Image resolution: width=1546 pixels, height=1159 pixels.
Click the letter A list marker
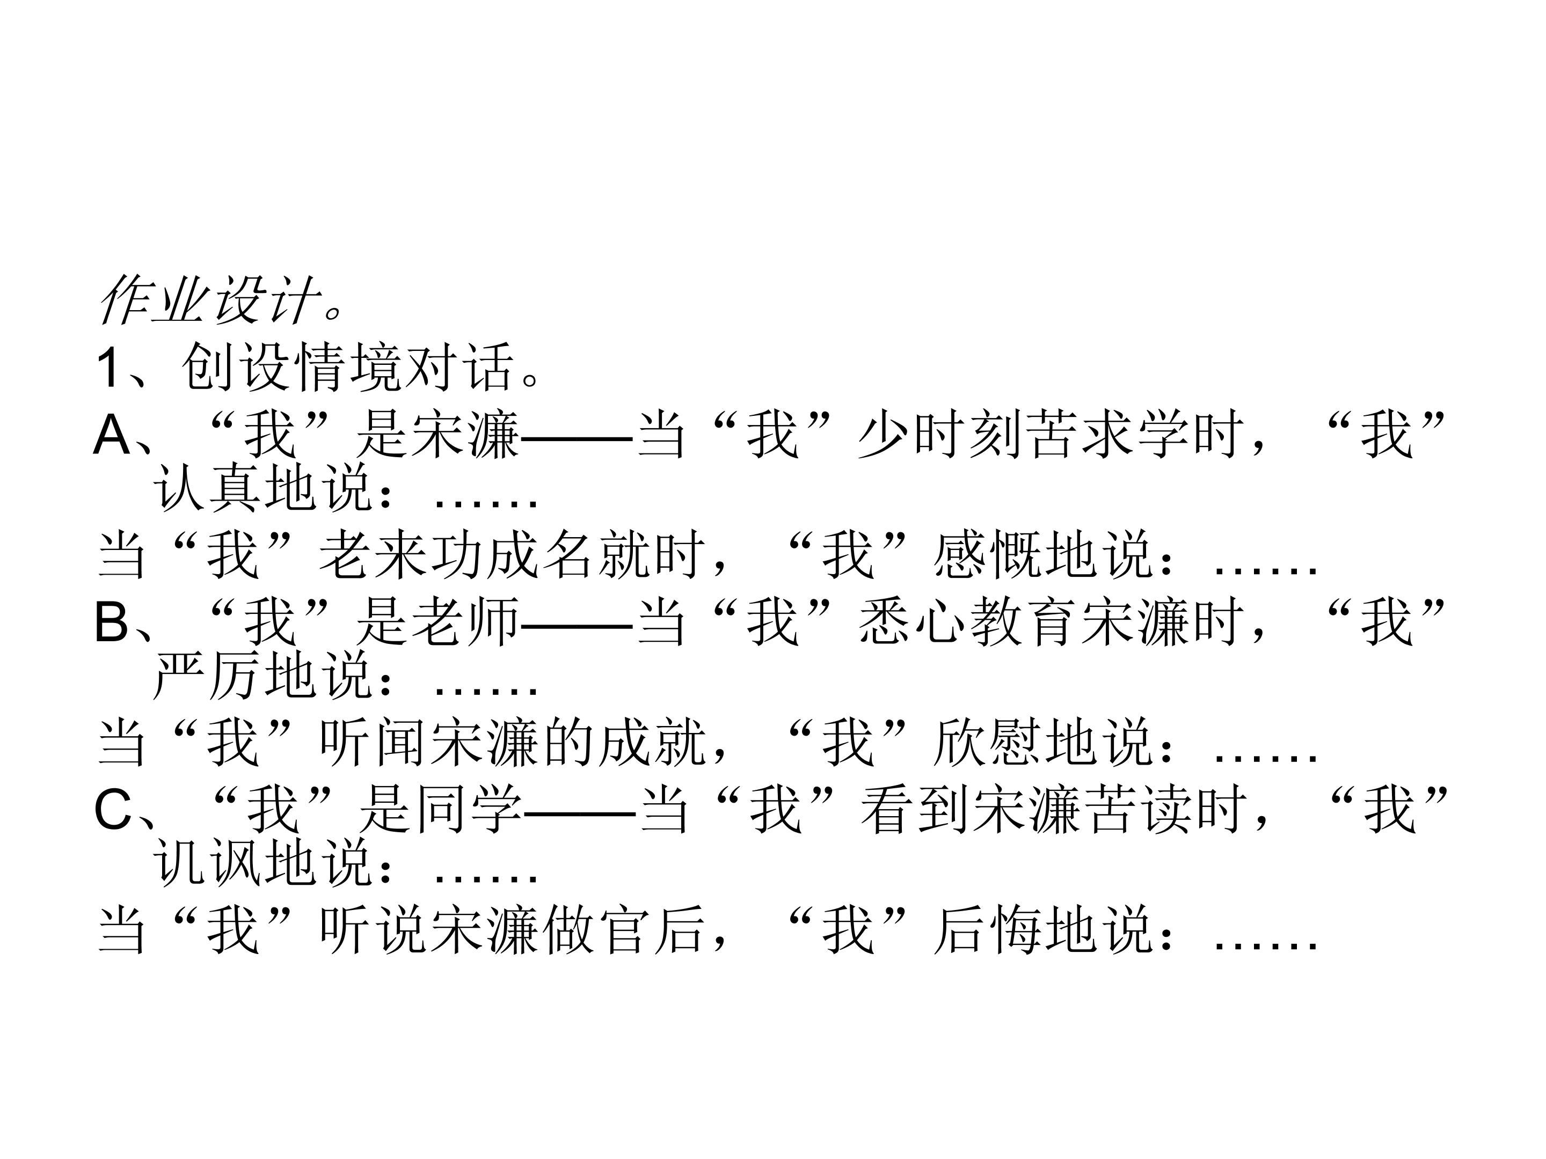tap(112, 435)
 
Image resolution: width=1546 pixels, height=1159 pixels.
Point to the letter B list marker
tap(112, 622)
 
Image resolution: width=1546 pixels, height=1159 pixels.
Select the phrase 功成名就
tap(539, 555)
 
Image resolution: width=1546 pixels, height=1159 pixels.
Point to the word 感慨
tap(987, 555)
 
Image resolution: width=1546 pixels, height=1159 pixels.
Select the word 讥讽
tap(208, 863)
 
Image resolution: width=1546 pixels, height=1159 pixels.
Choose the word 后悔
tap(987, 930)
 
